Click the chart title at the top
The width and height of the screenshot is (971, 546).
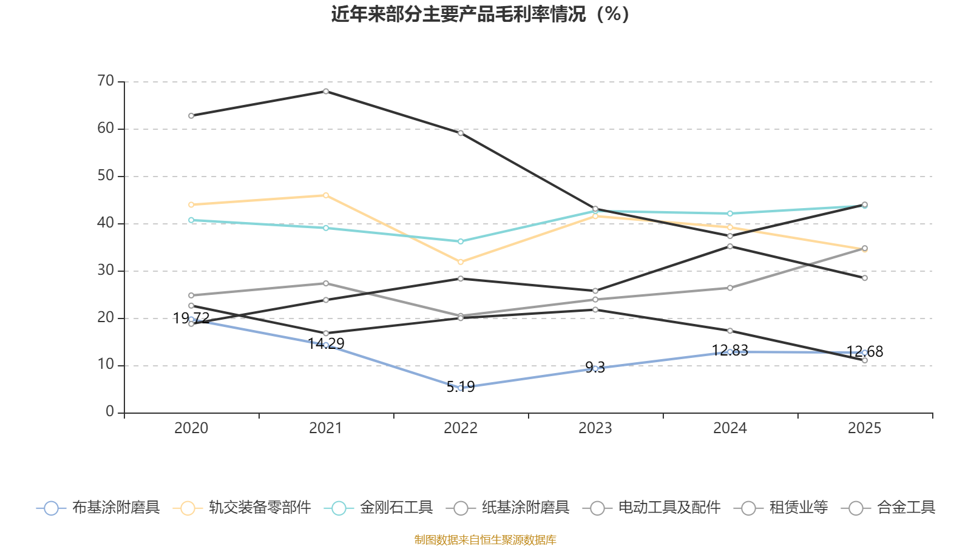point(480,14)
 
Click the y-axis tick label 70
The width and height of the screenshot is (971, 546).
point(106,81)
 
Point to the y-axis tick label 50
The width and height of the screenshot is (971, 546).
point(106,176)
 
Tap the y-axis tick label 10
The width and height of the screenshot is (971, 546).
point(106,365)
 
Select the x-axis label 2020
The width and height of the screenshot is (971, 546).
point(191,428)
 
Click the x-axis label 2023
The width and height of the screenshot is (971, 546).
point(595,428)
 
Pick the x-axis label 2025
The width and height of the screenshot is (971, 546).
point(864,428)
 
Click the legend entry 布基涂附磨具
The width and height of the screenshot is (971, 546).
point(98,508)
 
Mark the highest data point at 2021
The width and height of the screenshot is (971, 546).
point(326,92)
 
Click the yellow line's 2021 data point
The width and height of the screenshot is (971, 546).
point(326,195)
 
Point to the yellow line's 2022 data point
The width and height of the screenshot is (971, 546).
point(461,262)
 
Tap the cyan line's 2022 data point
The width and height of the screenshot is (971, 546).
point(461,241)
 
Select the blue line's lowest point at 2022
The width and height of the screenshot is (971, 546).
point(461,388)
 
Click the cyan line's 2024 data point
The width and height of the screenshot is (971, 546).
point(730,214)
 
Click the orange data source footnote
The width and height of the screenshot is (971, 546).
point(485,540)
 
